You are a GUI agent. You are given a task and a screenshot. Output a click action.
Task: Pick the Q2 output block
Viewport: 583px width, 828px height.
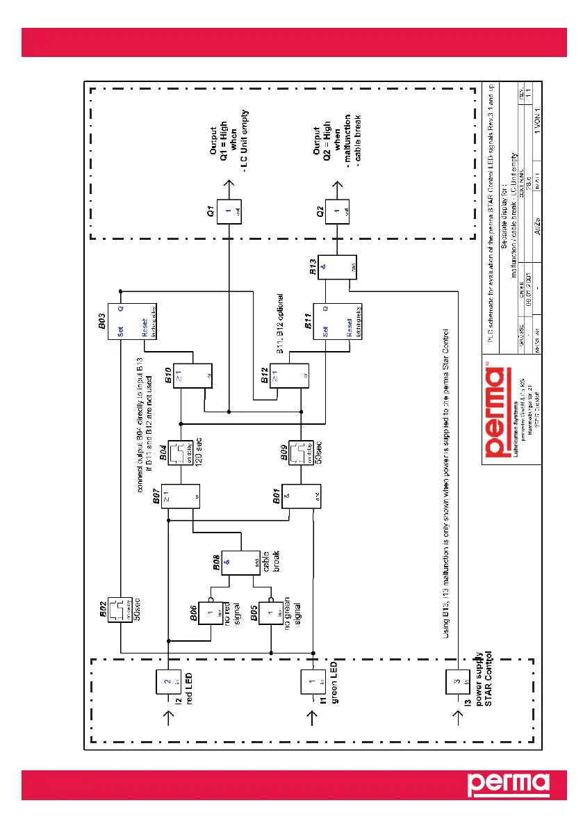(x=337, y=212)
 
